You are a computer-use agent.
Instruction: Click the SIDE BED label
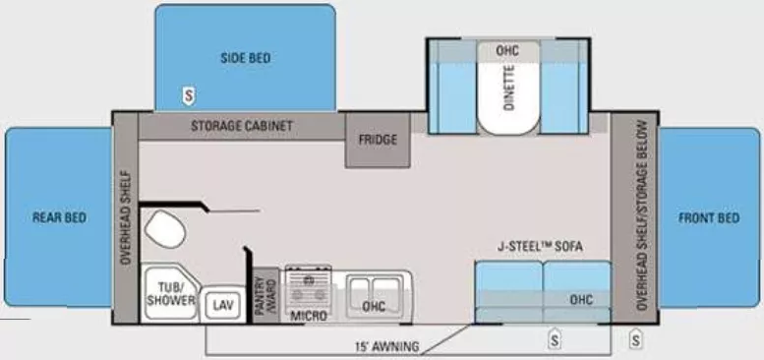245,58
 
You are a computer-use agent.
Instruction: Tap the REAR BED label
60,218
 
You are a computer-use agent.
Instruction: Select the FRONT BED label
708,218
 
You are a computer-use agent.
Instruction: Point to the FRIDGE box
378,140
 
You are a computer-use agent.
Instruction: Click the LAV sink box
221,304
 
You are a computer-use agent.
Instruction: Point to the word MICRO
308,316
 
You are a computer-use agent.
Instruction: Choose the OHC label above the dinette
507,50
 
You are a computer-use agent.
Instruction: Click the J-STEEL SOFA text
539,247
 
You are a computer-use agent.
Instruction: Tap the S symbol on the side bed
186,95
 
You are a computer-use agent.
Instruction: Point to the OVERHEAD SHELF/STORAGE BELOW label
641,216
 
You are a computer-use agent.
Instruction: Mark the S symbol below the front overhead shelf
636,340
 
